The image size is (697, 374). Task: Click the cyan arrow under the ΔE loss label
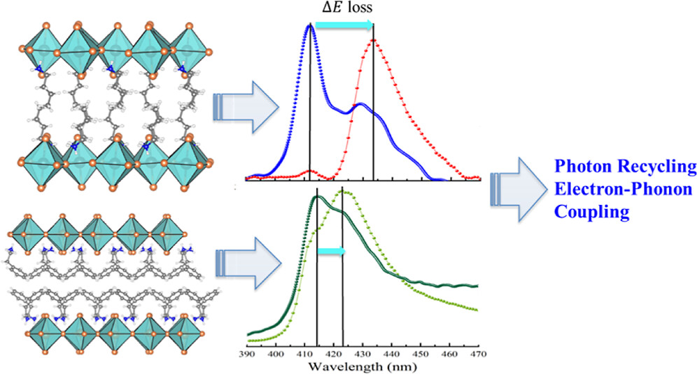(344, 25)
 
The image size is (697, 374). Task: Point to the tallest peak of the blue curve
(309, 26)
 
